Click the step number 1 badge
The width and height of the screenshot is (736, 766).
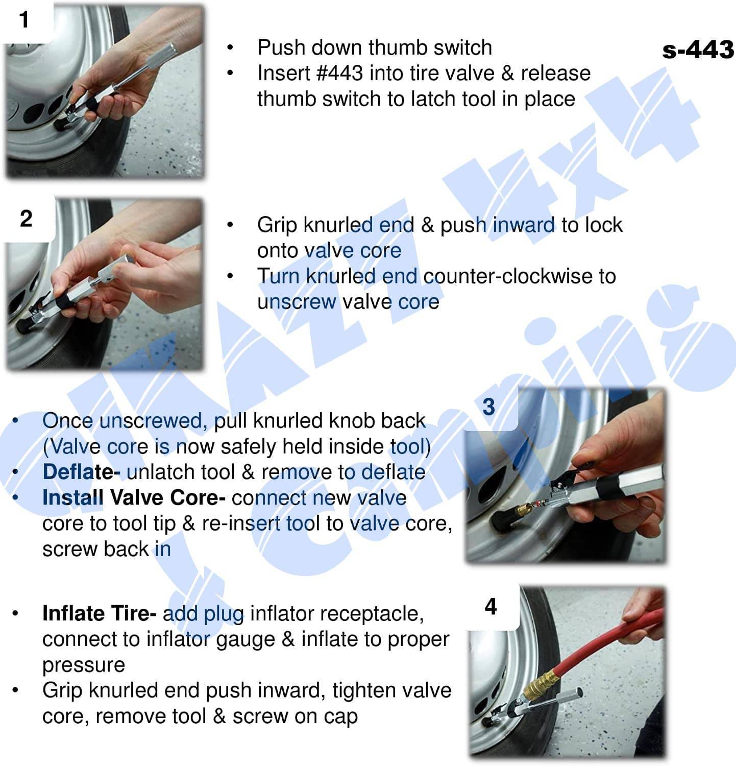coord(24,20)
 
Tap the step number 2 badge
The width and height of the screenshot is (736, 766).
coord(26,219)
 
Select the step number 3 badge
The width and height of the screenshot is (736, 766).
coord(488,407)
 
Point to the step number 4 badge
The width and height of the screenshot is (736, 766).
coord(490,606)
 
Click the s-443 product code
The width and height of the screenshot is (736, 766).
coord(698,50)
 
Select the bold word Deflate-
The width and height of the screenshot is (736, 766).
coord(81,472)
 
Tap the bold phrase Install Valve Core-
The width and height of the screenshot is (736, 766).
coord(134,497)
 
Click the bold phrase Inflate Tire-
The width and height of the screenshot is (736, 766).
coord(99,613)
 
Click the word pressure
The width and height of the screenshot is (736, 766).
coord(84,665)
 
